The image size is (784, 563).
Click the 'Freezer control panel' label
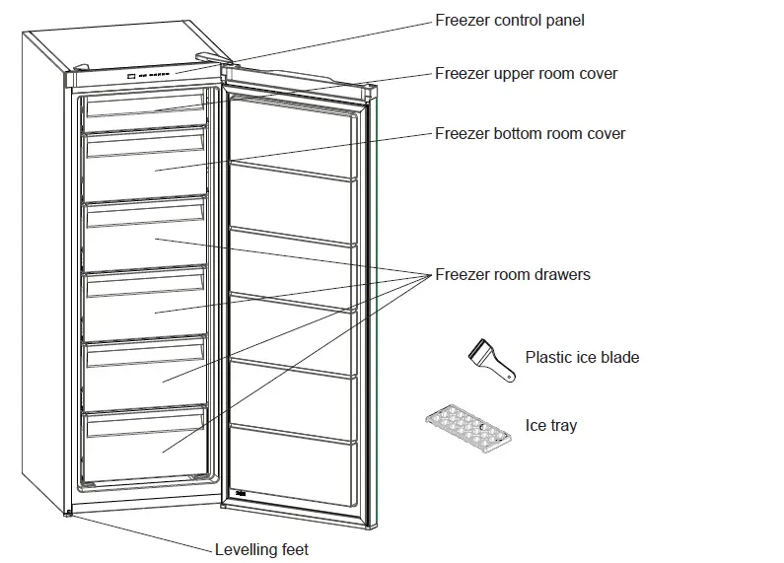click(509, 20)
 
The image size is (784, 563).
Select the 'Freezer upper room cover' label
click(527, 74)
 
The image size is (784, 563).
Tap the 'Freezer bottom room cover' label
click(530, 133)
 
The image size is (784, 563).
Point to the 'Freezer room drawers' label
click(512, 274)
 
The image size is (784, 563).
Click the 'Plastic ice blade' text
click(582, 357)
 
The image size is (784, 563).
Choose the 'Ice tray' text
click(550, 426)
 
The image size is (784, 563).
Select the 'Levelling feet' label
click(261, 549)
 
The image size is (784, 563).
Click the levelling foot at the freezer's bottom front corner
click(68, 512)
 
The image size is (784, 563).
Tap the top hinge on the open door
click(369, 88)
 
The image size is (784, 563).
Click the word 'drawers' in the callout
click(562, 274)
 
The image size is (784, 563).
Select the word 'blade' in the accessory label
click(619, 357)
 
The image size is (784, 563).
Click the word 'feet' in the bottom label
click(293, 549)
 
